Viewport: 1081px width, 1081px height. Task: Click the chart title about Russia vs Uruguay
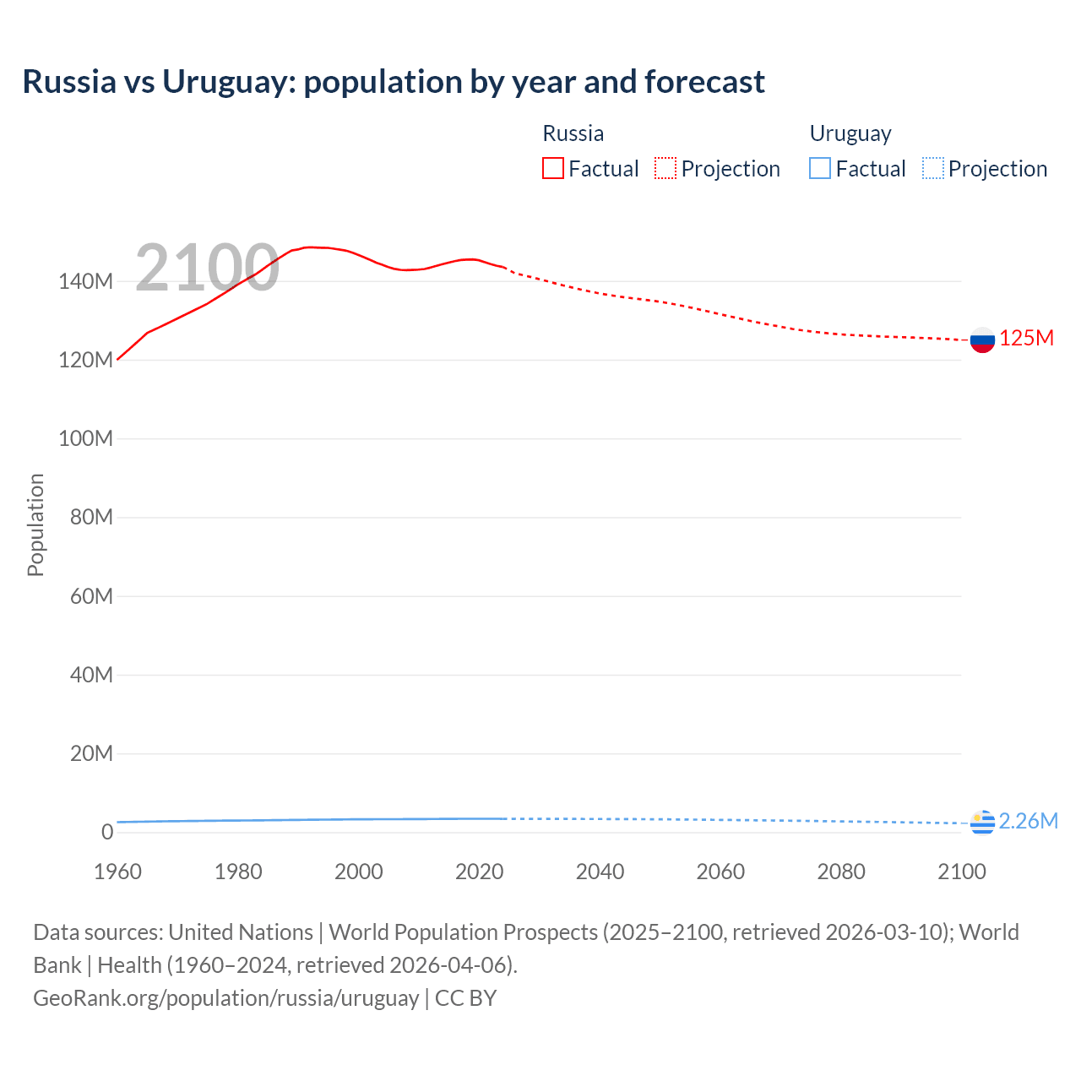tap(394, 82)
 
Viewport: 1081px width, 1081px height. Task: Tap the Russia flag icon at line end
tap(982, 340)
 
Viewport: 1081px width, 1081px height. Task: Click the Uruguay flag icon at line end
tap(982, 822)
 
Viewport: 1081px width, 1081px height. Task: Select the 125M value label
tap(1026, 339)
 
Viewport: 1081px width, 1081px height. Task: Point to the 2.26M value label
tap(1028, 821)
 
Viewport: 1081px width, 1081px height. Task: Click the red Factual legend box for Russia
tap(553, 169)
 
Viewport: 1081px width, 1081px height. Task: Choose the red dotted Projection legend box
tap(665, 169)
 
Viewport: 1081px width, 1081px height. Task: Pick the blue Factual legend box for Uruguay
tap(820, 169)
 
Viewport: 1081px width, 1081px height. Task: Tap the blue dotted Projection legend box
tap(932, 169)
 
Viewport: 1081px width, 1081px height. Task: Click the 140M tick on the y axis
tap(85, 282)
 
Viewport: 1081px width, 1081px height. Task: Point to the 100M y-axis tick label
tap(85, 439)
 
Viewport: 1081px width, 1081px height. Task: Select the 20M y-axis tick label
tap(90, 753)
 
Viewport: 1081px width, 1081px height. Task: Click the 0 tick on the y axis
tap(106, 832)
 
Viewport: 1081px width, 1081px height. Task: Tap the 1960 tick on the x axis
tap(117, 872)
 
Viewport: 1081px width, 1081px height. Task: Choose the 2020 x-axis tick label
tap(479, 872)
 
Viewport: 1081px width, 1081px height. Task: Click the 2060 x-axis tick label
tap(720, 872)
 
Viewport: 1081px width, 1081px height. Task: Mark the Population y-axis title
tap(35, 524)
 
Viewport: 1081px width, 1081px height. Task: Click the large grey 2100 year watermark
tap(207, 268)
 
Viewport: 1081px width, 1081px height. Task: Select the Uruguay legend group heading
tap(850, 133)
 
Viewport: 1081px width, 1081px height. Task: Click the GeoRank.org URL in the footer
tap(225, 998)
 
